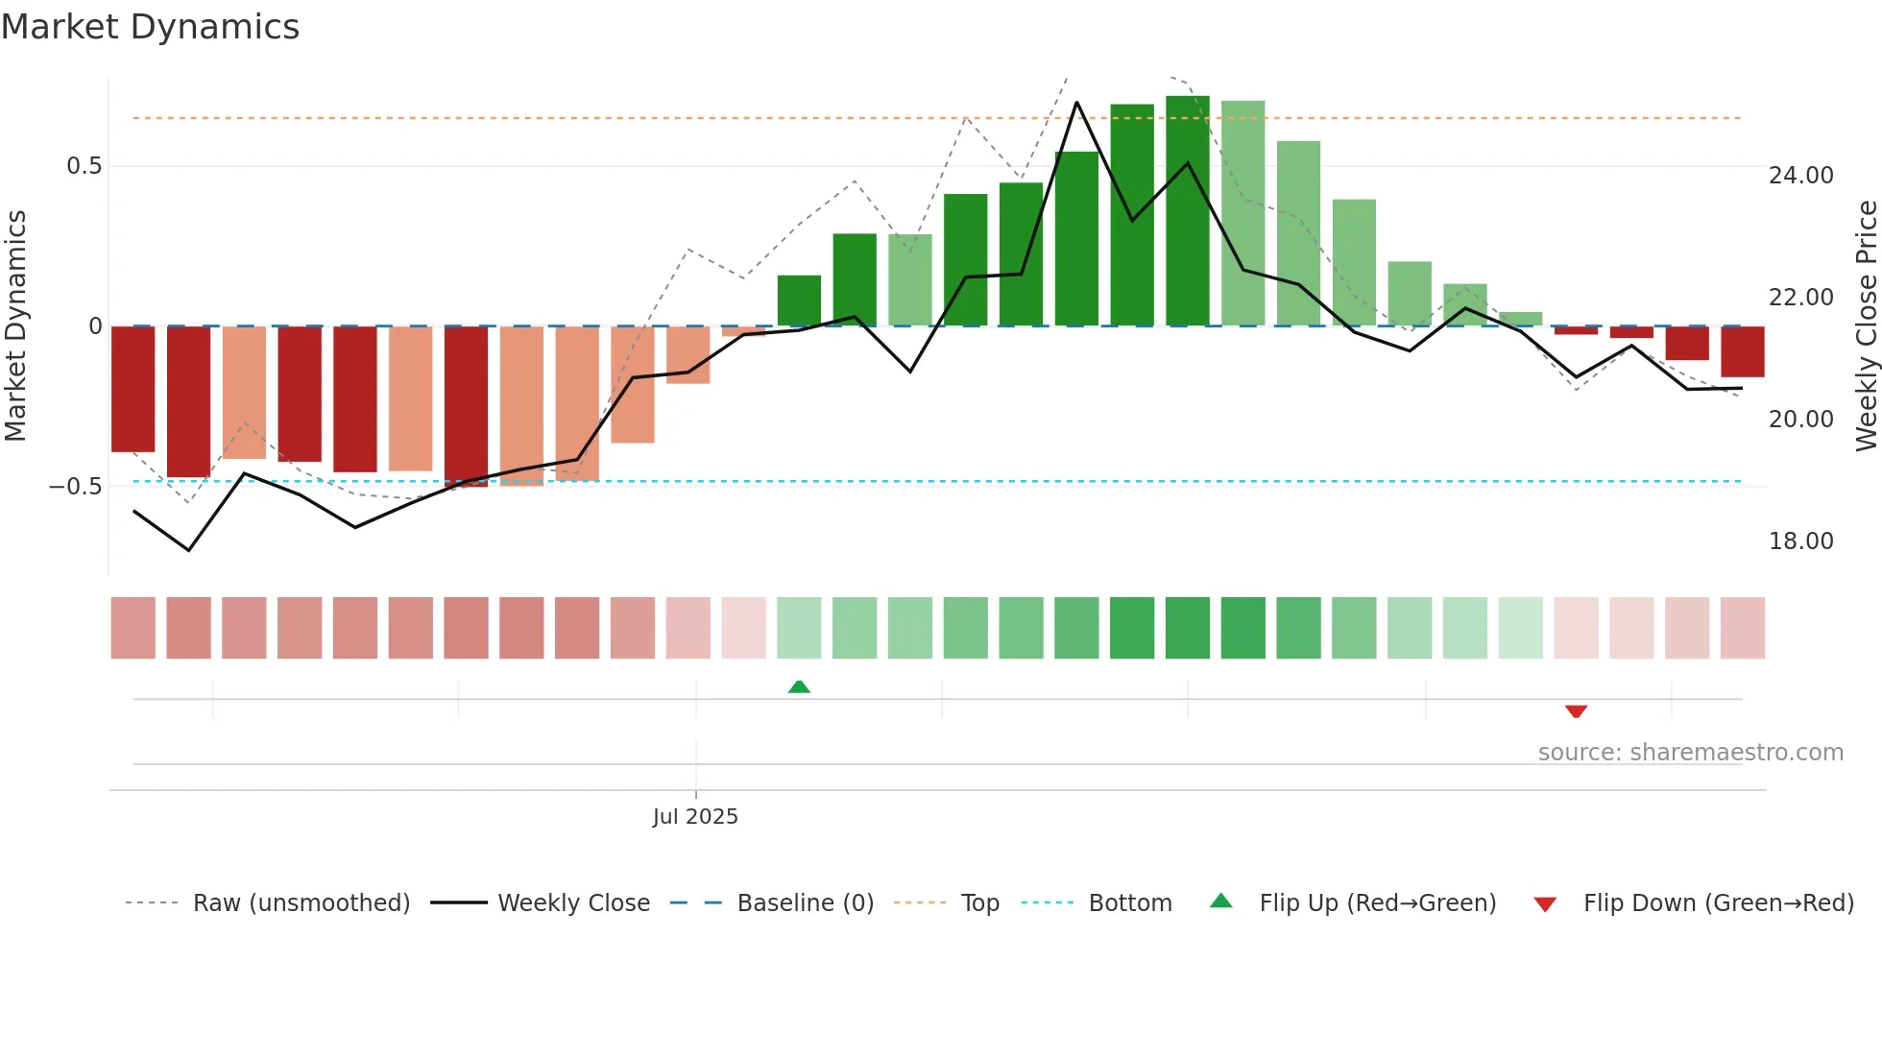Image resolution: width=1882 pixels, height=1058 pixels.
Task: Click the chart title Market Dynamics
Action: click(151, 27)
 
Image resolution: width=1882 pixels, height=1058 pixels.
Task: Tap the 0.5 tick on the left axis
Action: click(84, 166)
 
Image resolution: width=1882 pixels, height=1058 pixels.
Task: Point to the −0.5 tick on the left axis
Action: click(76, 487)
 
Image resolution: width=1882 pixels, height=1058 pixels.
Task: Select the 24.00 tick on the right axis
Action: click(1800, 176)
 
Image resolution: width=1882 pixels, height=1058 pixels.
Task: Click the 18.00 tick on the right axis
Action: click(1800, 541)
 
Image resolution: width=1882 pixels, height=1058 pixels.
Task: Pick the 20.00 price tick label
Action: click(1800, 420)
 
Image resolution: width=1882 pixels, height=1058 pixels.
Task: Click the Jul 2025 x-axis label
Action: click(695, 817)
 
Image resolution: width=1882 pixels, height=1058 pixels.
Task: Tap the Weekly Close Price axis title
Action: click(1867, 326)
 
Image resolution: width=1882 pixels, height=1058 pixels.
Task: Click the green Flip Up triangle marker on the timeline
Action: click(799, 686)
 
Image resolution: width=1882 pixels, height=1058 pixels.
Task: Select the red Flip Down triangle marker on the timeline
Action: click(1576, 711)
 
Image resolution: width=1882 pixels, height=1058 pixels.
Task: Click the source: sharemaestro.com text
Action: click(1690, 753)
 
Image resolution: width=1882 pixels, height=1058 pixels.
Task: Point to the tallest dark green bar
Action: click(1188, 211)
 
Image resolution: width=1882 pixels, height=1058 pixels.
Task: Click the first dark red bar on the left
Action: click(133, 389)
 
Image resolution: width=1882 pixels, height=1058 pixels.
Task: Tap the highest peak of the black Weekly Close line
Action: click(1076, 103)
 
